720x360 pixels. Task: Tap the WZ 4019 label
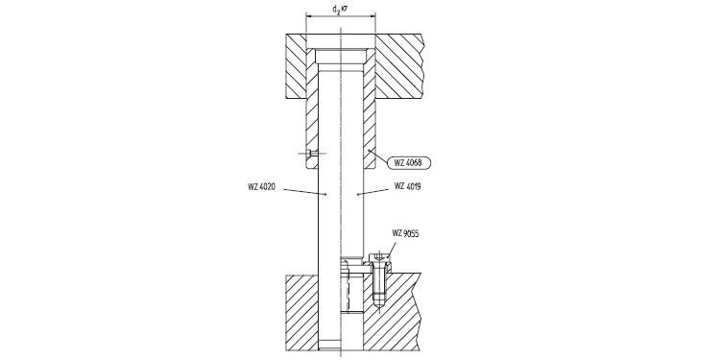[411, 186]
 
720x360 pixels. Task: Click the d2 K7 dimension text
[339, 10]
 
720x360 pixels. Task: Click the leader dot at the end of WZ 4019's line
[356, 195]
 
